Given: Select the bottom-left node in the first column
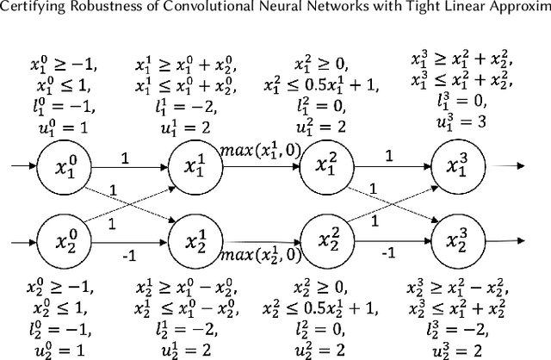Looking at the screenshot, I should [x=60, y=234].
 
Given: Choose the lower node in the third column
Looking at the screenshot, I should [x=325, y=234].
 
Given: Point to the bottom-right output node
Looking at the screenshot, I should [x=456, y=234].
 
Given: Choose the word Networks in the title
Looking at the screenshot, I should [x=338, y=11].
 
